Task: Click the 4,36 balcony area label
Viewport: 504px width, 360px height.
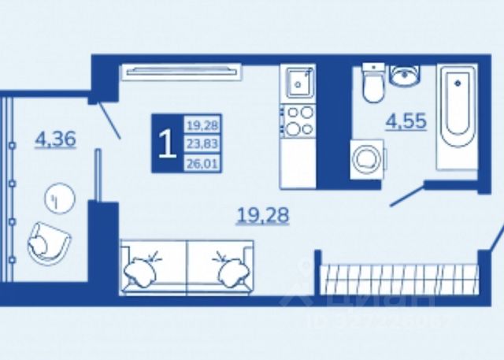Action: point(54,140)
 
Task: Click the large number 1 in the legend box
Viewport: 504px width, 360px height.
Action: point(166,144)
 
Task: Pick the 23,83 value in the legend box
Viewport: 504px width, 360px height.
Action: point(202,144)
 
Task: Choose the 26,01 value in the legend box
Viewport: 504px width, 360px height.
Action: point(202,163)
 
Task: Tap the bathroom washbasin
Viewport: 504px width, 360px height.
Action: point(405,76)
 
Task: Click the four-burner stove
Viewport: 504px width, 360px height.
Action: point(298,120)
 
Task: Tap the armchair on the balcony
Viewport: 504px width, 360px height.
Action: point(47,243)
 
